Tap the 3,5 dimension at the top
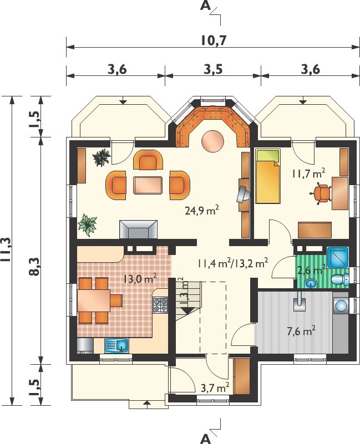[213, 69]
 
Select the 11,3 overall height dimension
[6, 251]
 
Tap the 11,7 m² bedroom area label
[308, 173]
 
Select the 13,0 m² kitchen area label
[140, 279]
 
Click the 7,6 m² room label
[301, 331]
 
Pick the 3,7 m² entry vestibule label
[215, 387]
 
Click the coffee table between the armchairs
[148, 185]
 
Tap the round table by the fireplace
[213, 141]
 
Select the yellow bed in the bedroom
[268, 177]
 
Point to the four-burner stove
[160, 305]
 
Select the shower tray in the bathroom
[338, 257]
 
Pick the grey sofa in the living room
[138, 229]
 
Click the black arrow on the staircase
[186, 310]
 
